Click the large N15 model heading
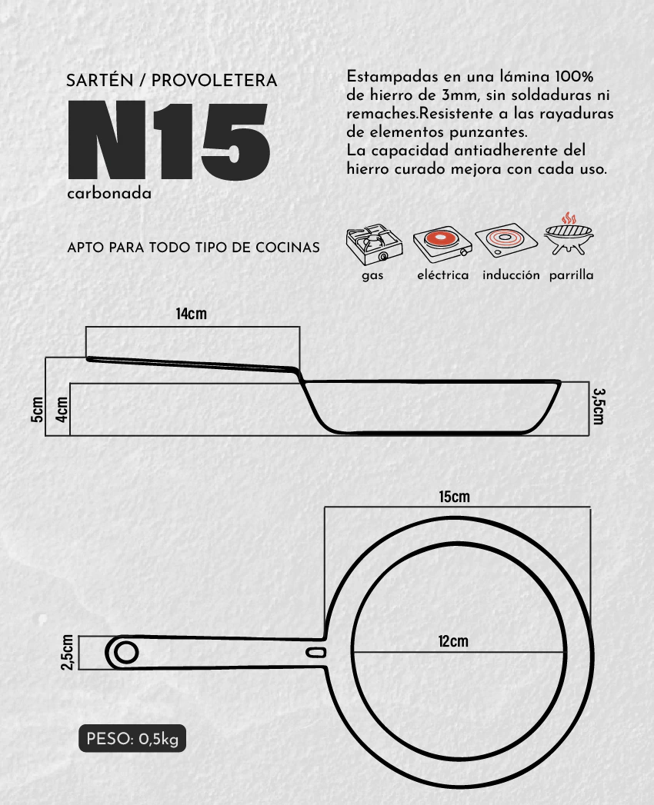[169, 140]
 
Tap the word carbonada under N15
[109, 194]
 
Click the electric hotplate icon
[442, 244]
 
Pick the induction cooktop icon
[506, 240]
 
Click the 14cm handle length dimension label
[191, 314]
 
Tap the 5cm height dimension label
[37, 409]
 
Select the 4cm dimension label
[62, 409]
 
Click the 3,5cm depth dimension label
[599, 406]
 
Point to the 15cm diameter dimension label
[454, 497]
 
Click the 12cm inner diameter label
[453, 641]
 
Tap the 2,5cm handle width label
[67, 653]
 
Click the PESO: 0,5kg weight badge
[132, 739]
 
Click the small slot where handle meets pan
[316, 653]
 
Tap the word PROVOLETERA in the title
[214, 81]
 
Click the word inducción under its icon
[511, 275]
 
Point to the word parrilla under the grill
[571, 276]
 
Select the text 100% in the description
[575, 77]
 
